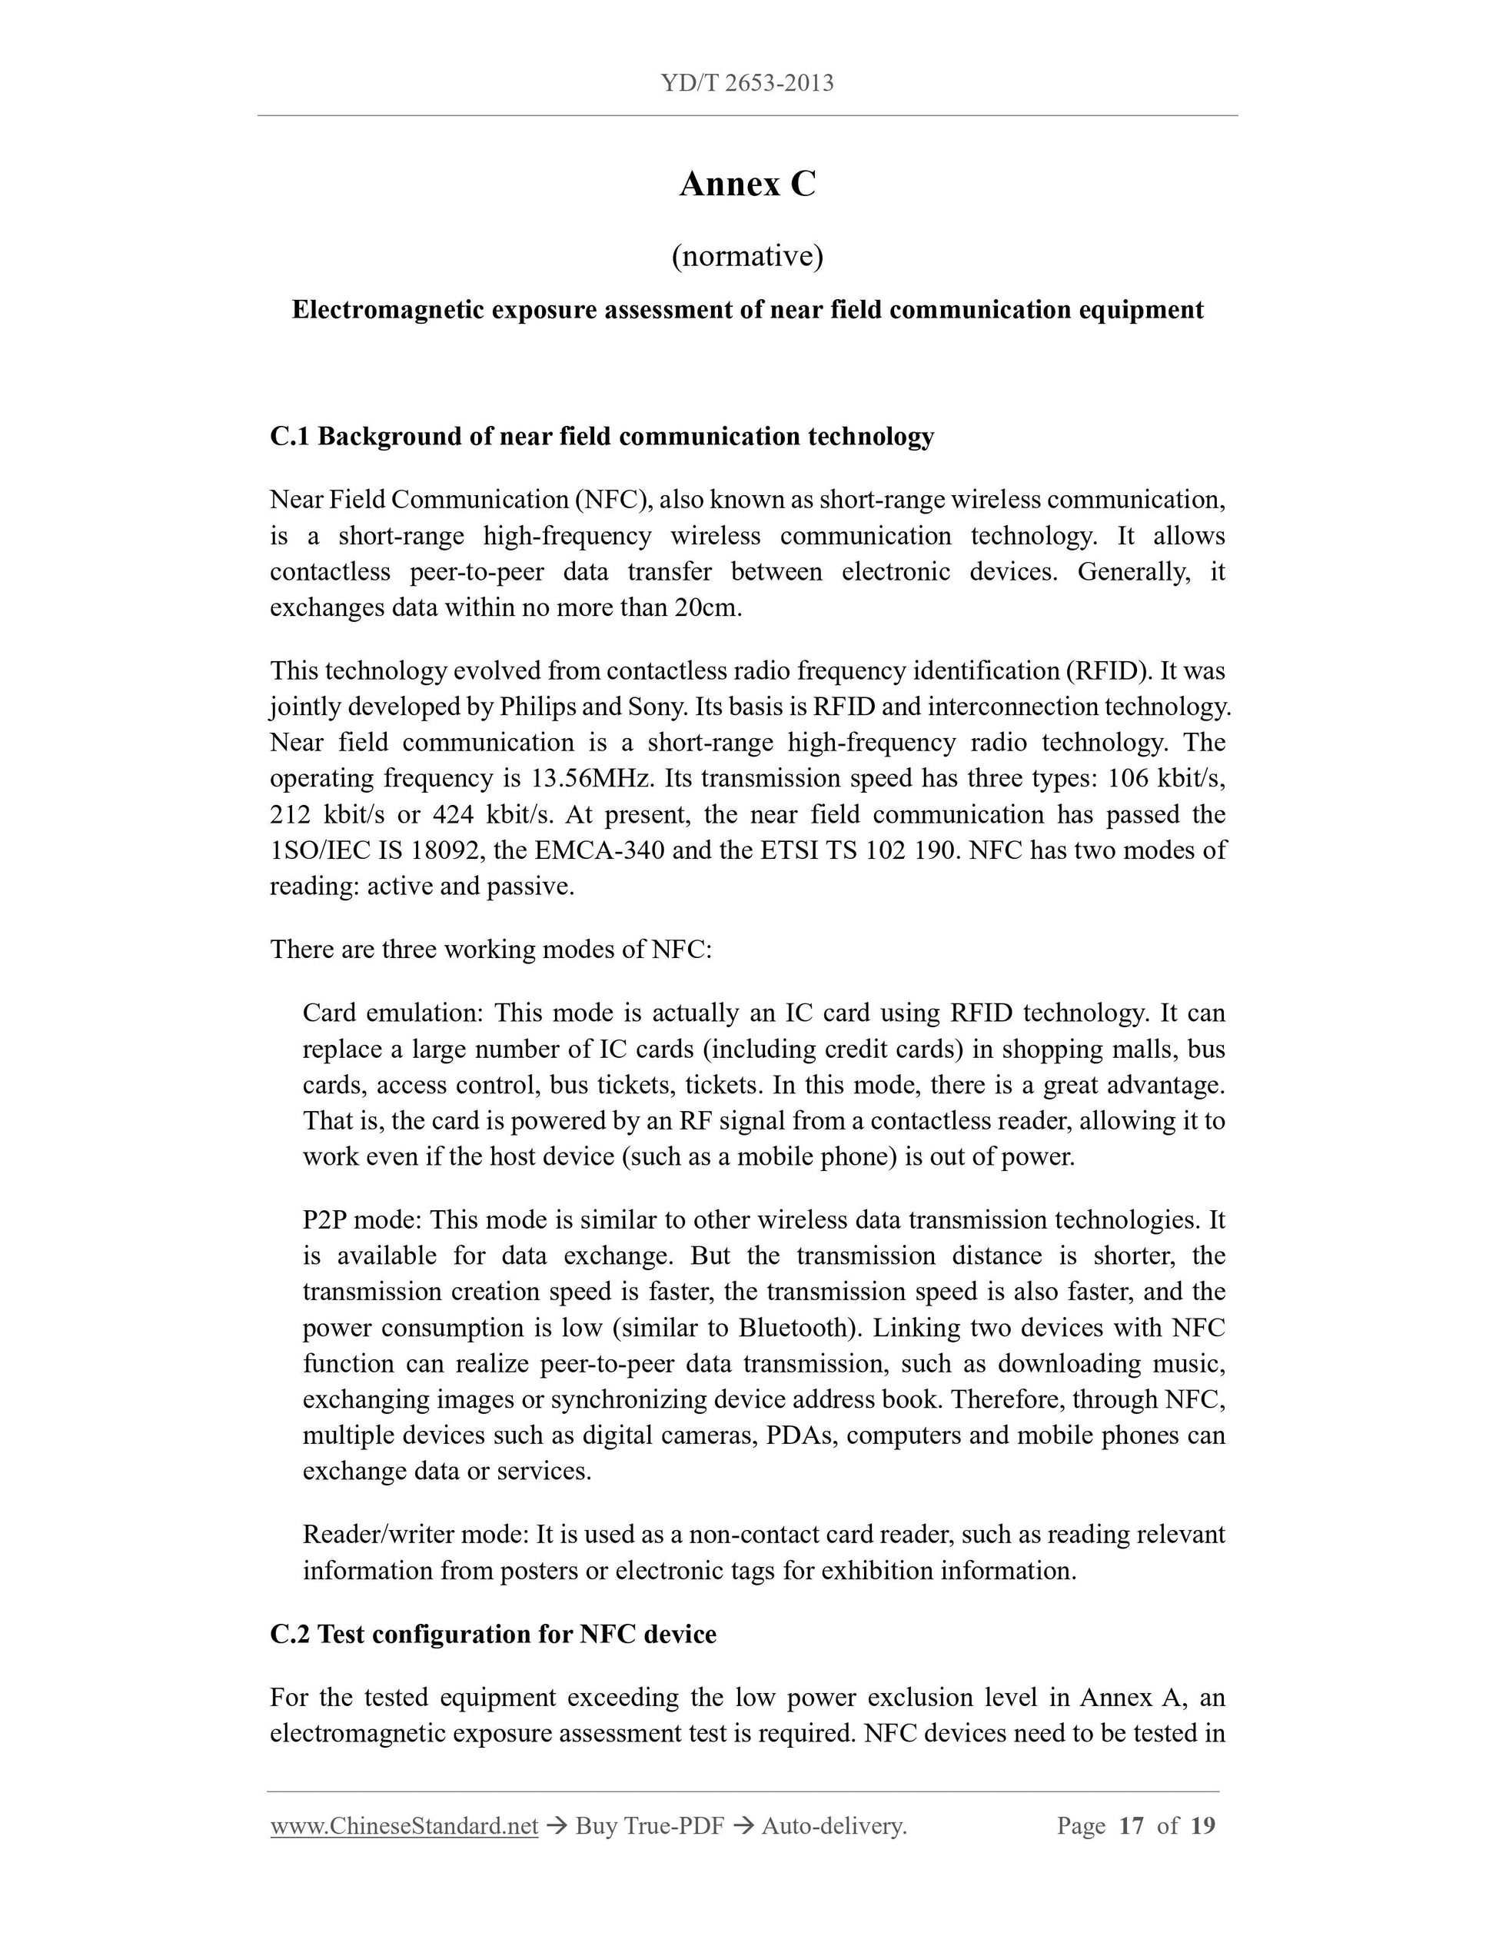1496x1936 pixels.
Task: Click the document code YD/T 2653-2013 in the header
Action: (x=747, y=83)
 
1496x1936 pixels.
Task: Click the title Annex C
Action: (x=747, y=185)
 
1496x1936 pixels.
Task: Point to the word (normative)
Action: (x=747, y=256)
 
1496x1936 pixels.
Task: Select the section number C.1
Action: (x=290, y=436)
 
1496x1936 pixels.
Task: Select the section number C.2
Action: (x=290, y=1634)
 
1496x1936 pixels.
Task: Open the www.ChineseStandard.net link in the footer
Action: (x=404, y=1826)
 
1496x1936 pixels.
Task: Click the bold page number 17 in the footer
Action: (x=1132, y=1826)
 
